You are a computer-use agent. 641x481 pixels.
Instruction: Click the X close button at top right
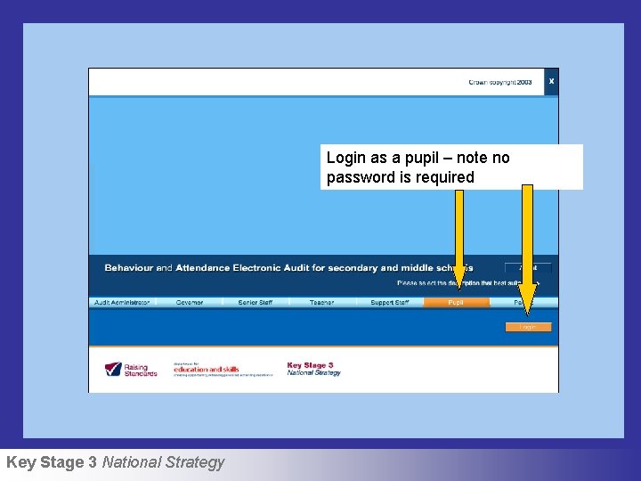[x=551, y=81]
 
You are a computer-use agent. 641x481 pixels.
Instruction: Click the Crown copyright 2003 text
[x=500, y=82]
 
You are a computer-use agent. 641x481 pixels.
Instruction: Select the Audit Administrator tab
[x=122, y=303]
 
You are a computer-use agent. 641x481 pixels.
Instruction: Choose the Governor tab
[x=189, y=303]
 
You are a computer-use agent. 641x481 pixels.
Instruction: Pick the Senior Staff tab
[x=256, y=303]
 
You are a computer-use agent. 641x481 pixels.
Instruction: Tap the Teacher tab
[x=321, y=303]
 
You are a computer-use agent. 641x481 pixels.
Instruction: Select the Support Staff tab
[x=390, y=303]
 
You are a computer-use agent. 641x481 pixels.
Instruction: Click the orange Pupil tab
[x=456, y=303]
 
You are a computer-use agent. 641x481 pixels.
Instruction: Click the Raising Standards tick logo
[x=114, y=369]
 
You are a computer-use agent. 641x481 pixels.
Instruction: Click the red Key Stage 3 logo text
[x=310, y=365]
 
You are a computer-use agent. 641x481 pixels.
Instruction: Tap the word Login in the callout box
[x=345, y=158]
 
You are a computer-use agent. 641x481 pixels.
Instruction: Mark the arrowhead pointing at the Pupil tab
[x=458, y=283]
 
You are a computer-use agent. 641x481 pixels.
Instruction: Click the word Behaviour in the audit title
[x=129, y=267]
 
